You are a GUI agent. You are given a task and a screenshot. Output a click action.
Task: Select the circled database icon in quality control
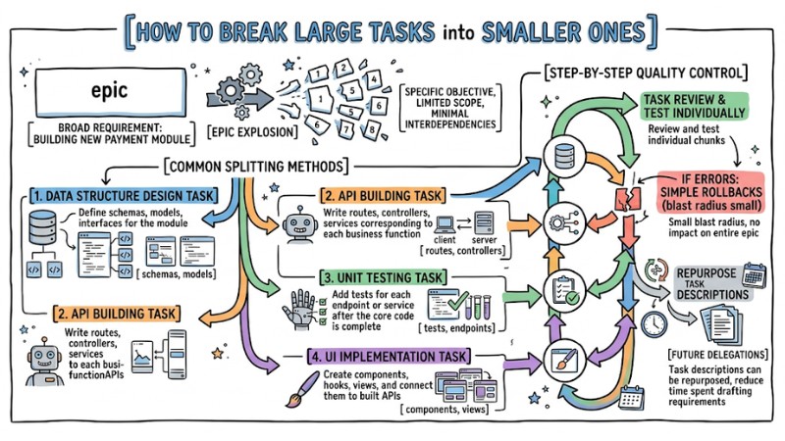564,154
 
